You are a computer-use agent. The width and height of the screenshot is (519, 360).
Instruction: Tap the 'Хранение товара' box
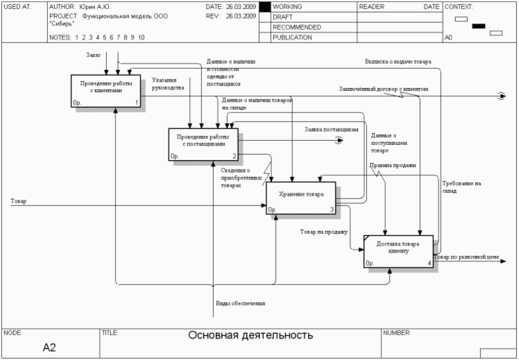300,198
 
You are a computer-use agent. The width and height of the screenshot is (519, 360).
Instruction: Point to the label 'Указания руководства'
168,84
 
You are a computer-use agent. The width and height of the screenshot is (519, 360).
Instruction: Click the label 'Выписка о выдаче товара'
398,62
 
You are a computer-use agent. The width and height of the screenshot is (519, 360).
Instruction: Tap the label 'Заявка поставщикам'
331,129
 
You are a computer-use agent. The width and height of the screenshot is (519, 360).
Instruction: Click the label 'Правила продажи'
393,165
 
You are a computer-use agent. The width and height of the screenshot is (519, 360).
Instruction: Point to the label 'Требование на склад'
461,187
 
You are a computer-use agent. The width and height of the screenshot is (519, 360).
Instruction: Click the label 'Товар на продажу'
323,232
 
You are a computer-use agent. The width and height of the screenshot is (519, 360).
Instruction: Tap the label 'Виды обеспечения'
240,303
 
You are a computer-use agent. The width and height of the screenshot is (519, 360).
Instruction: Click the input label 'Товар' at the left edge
19,200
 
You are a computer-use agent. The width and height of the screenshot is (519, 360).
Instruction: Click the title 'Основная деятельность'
250,336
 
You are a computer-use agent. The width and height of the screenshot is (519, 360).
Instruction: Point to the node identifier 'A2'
49,347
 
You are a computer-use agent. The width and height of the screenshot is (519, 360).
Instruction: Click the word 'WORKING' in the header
287,6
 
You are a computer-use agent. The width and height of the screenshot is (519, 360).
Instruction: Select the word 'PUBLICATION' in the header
292,37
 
